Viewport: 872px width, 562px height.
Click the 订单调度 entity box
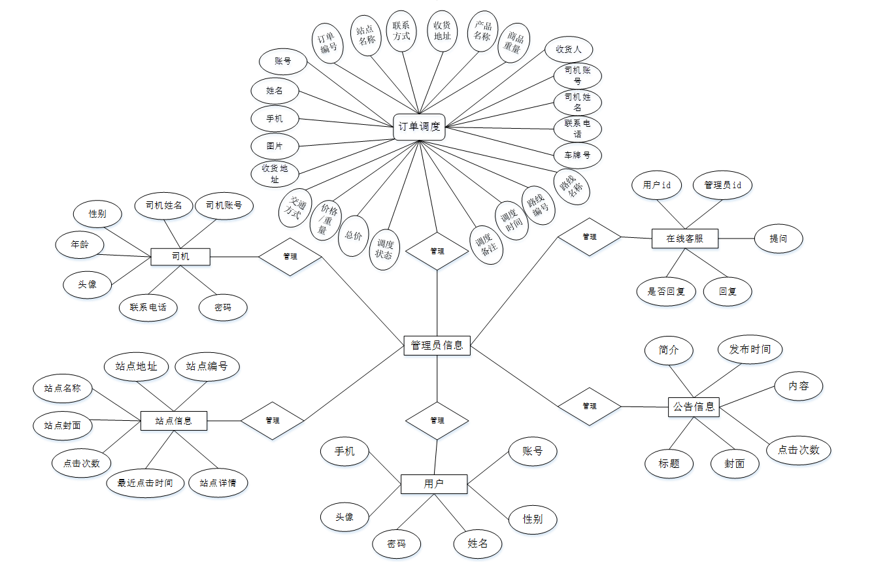[x=419, y=127]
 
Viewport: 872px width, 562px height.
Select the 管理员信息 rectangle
[x=437, y=345]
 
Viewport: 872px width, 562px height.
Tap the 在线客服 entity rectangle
[x=684, y=239]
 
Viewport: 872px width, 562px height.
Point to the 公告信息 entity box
[x=694, y=407]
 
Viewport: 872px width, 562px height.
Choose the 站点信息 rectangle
[x=174, y=420]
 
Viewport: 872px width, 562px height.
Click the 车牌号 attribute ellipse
[x=577, y=156]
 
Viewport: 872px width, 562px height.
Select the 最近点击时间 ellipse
[x=145, y=483]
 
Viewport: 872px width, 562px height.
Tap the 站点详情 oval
[x=218, y=483]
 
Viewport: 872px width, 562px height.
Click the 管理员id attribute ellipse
[x=722, y=185]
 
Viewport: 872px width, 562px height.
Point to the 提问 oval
[x=778, y=239]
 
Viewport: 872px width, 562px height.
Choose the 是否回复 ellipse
[x=666, y=291]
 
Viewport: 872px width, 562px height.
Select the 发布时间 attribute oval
[x=749, y=350]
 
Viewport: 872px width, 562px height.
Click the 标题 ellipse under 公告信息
[x=669, y=463]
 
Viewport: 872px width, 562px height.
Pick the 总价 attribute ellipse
[x=354, y=235]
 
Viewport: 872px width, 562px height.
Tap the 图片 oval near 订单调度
[x=275, y=144]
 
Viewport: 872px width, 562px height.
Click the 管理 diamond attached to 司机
[x=290, y=256]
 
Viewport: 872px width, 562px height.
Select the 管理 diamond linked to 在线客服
[x=589, y=237]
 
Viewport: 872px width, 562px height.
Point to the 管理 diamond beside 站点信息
[x=273, y=420]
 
